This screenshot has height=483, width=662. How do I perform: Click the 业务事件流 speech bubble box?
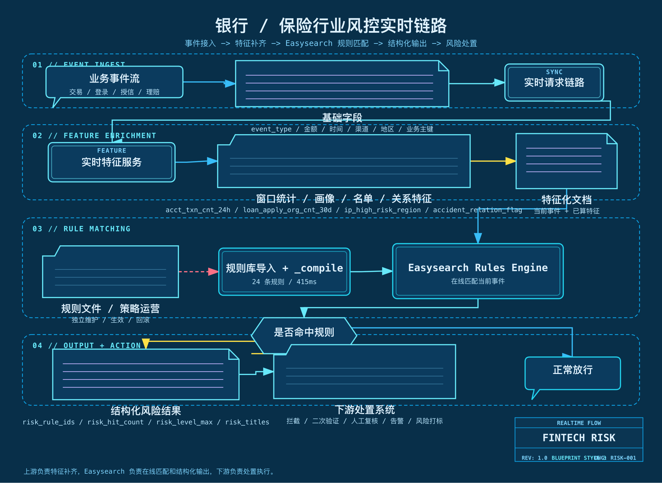[114, 82]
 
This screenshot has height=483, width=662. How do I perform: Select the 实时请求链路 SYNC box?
[554, 82]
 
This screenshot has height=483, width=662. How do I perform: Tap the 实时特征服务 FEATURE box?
[111, 162]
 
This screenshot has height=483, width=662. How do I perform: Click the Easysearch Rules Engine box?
[478, 271]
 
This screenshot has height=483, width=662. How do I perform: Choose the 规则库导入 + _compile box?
[284, 272]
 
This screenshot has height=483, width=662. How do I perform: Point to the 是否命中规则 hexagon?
[303, 332]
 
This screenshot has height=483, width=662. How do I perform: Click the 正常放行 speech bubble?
[572, 373]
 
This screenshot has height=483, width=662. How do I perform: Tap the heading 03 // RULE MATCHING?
[81, 229]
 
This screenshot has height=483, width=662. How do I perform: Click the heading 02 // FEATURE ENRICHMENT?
[94, 136]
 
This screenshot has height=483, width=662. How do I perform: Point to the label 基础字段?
[342, 118]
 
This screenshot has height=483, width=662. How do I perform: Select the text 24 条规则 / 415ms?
[284, 282]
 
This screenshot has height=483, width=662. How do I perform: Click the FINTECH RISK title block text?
[579, 438]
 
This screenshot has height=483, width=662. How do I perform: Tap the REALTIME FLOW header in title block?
[579, 423]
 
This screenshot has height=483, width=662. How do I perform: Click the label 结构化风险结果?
[146, 411]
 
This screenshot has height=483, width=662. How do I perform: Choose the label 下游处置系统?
[364, 410]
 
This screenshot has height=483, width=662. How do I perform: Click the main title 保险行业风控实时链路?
[363, 26]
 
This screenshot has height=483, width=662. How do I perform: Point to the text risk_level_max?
[184, 422]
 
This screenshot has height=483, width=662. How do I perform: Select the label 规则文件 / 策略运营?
[110, 308]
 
